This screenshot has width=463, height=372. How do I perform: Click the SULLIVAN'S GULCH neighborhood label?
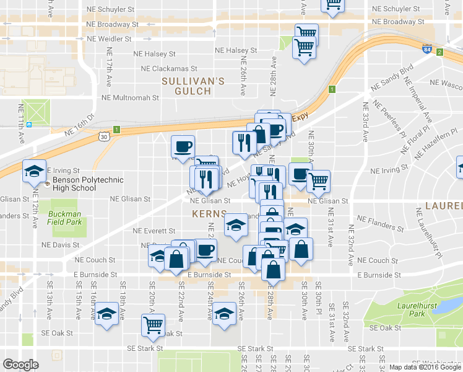193,86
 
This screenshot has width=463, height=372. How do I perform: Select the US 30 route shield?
103,135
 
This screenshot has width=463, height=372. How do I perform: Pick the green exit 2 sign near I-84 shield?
439,51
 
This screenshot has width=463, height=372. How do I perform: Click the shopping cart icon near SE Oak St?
153,324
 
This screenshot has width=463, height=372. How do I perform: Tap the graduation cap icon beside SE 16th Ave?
107,314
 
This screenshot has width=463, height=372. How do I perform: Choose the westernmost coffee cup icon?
183,146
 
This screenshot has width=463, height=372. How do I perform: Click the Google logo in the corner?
20,365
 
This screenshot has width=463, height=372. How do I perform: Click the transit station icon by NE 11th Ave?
29,124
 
